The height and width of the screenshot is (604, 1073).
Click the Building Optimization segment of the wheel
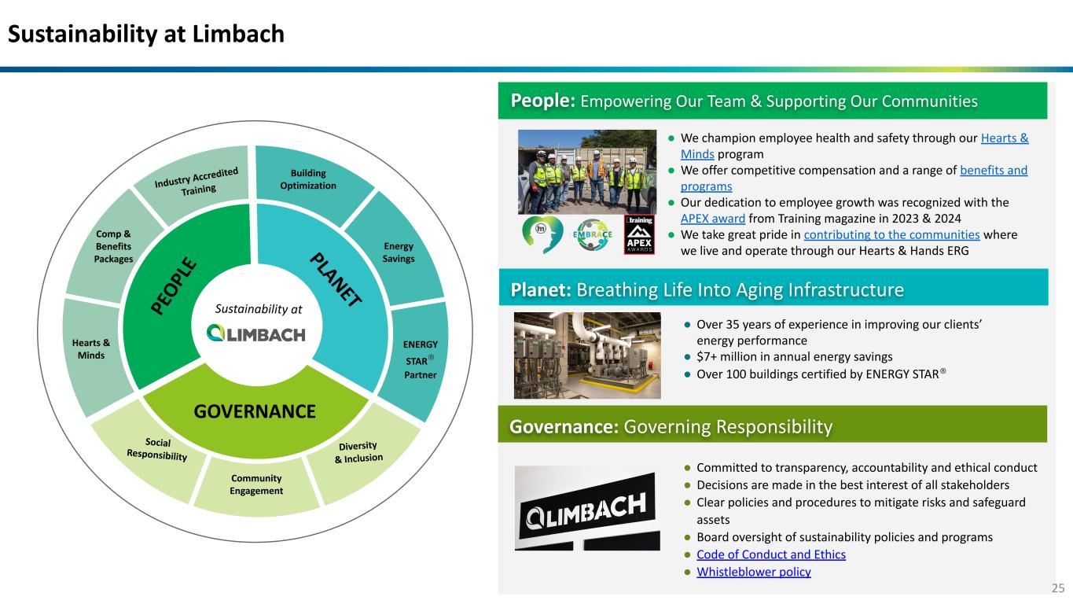pyautogui.click(x=308, y=179)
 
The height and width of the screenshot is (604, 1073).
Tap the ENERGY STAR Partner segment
pyautogui.click(x=420, y=359)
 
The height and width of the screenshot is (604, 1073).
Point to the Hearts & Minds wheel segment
pyautogui.click(x=91, y=350)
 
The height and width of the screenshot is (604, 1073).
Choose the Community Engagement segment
pyautogui.click(x=256, y=484)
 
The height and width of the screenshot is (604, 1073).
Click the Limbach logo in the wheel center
pyautogui.click(x=255, y=333)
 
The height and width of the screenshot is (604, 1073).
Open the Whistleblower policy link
pyautogui.click(x=753, y=572)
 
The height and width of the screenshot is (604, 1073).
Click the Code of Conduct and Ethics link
pyautogui.click(x=770, y=554)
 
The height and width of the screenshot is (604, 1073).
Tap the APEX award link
pyautogui.click(x=712, y=219)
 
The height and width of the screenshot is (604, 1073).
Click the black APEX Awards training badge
pyautogui.click(x=639, y=234)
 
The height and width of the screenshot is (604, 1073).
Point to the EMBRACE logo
pyautogui.click(x=593, y=234)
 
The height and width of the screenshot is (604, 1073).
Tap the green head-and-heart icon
pyautogui.click(x=541, y=234)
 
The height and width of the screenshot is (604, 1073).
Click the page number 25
pyautogui.click(x=1058, y=588)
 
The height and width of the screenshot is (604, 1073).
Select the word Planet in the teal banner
pyautogui.click(x=541, y=290)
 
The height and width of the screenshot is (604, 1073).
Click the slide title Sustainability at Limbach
pyautogui.click(x=146, y=34)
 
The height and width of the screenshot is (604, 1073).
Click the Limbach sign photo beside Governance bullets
pyautogui.click(x=587, y=508)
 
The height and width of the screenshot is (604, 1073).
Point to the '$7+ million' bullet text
pyautogui.click(x=794, y=356)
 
